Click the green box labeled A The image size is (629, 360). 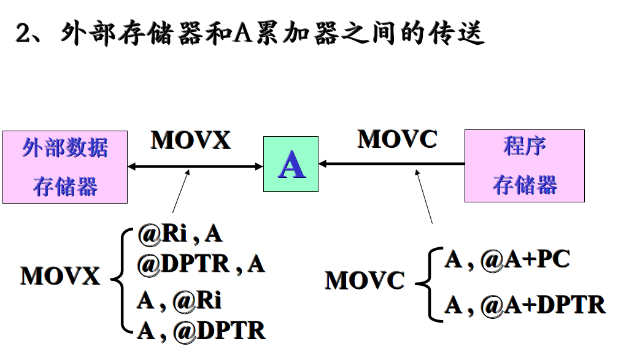291,164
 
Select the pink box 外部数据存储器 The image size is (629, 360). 64,167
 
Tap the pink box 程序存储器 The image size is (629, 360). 524,166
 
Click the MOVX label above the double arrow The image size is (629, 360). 191,140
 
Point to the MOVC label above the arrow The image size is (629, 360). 397,139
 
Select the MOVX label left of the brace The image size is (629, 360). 60,276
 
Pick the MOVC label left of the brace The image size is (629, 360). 365,281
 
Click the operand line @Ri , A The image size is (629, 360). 179,234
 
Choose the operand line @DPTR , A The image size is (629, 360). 201,264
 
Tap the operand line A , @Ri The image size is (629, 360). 179,301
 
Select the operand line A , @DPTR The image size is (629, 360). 201,331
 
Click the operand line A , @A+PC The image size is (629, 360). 507,259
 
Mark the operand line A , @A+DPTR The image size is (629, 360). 525,304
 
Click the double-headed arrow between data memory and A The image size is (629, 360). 195,166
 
